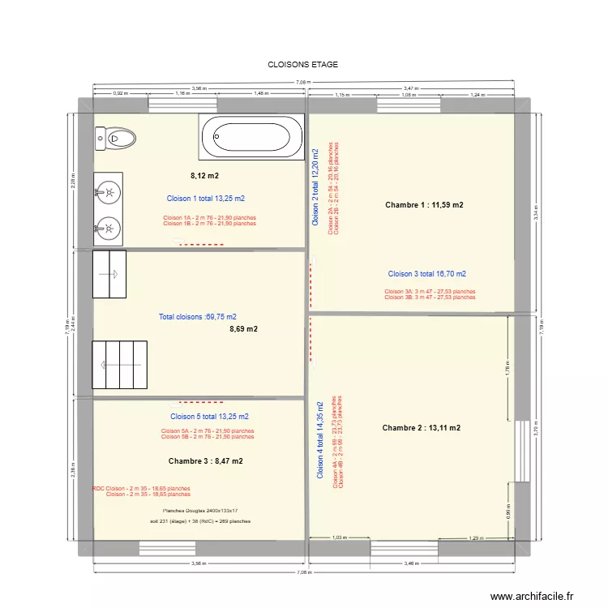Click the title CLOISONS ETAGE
tap(302, 64)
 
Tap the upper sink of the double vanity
tap(107, 192)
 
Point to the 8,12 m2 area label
tap(204, 176)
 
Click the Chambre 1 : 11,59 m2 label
tap(424, 205)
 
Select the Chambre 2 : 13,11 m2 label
tap(422, 427)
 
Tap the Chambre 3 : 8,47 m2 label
tap(206, 460)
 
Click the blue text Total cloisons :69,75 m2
tap(198, 317)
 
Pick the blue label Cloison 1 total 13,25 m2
tap(205, 199)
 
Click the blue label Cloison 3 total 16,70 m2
tap(426, 274)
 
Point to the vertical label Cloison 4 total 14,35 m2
tap(320, 439)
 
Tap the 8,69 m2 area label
tap(243, 329)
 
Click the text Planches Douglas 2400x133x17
tap(200, 511)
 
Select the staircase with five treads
tap(120, 365)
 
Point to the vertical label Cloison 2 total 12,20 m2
tap(316, 186)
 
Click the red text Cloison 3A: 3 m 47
tap(430, 291)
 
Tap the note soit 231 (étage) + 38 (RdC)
tap(207, 522)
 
